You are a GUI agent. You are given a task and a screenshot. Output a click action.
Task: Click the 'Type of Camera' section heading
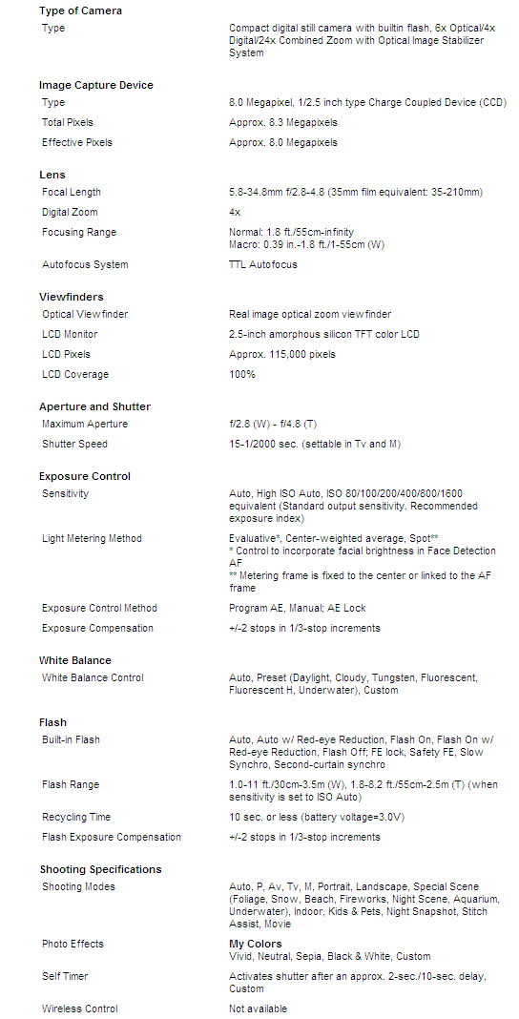[80, 10]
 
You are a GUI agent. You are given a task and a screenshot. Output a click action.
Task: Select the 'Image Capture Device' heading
[95, 85]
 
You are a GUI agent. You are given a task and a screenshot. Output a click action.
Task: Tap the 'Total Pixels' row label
[68, 122]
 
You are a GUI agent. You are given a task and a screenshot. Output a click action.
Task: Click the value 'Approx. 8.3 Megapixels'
[283, 122]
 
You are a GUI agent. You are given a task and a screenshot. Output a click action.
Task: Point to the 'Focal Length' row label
[72, 192]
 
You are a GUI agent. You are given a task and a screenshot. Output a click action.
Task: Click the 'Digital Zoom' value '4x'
[235, 212]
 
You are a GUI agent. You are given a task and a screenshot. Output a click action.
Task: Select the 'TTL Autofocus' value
[263, 264]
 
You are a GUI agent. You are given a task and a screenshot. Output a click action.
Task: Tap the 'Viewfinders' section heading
[72, 297]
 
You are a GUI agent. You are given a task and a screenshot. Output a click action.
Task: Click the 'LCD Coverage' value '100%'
[242, 374]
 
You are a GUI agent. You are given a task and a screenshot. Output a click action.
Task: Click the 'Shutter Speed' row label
[74, 444]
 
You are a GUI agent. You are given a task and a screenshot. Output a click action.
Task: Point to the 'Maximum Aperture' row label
[85, 424]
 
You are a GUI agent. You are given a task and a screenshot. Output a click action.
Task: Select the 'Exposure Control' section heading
[85, 476]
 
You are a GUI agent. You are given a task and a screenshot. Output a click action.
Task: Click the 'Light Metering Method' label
[92, 538]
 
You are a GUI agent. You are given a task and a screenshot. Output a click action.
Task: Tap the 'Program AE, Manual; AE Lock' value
[298, 608]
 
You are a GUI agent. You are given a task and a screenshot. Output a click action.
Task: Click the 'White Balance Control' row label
[93, 677]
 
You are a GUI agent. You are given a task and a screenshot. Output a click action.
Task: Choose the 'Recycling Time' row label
[76, 817]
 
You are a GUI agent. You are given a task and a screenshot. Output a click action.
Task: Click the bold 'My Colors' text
[256, 944]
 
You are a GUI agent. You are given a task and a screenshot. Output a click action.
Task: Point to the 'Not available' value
[258, 1009]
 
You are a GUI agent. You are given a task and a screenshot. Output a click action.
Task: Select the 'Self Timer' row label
[66, 976]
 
